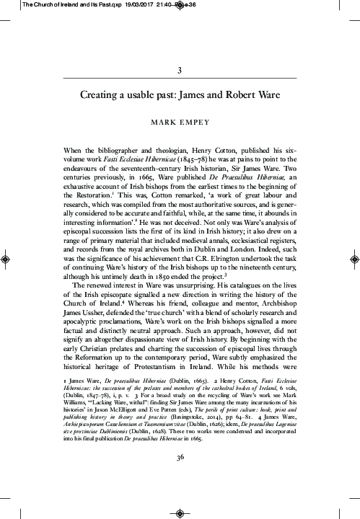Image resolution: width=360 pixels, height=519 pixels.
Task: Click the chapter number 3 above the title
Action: (179, 71)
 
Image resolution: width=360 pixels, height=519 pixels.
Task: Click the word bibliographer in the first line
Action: (96, 148)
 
